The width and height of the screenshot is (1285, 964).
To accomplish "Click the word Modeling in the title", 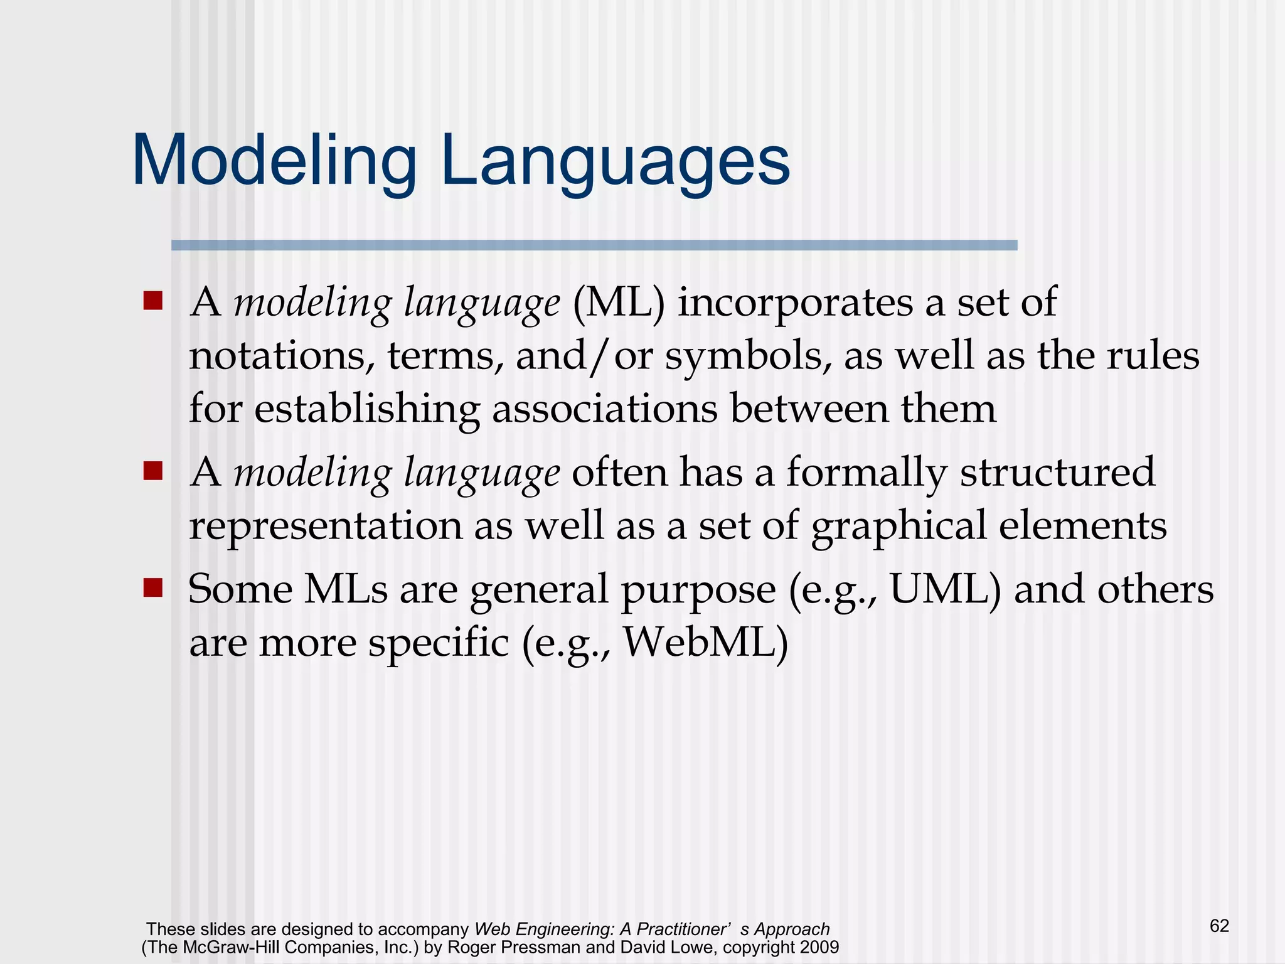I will click(x=274, y=161).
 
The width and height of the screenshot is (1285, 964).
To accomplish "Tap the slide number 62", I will click(x=1218, y=926).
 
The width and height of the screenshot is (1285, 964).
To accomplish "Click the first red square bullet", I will click(x=152, y=301).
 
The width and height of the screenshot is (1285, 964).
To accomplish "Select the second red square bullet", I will click(x=152, y=470).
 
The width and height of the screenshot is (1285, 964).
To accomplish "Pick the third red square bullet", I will click(x=152, y=588).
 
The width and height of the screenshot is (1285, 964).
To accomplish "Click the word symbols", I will click(x=748, y=356).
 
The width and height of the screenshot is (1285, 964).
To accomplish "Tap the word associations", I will click(x=604, y=409).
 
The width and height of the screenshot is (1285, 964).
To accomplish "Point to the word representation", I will click(x=326, y=526).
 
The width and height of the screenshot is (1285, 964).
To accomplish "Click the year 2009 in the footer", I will click(x=819, y=947).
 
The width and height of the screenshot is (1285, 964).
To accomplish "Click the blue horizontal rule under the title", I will click(x=594, y=245).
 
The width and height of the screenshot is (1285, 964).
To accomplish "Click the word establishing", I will click(x=367, y=409).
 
